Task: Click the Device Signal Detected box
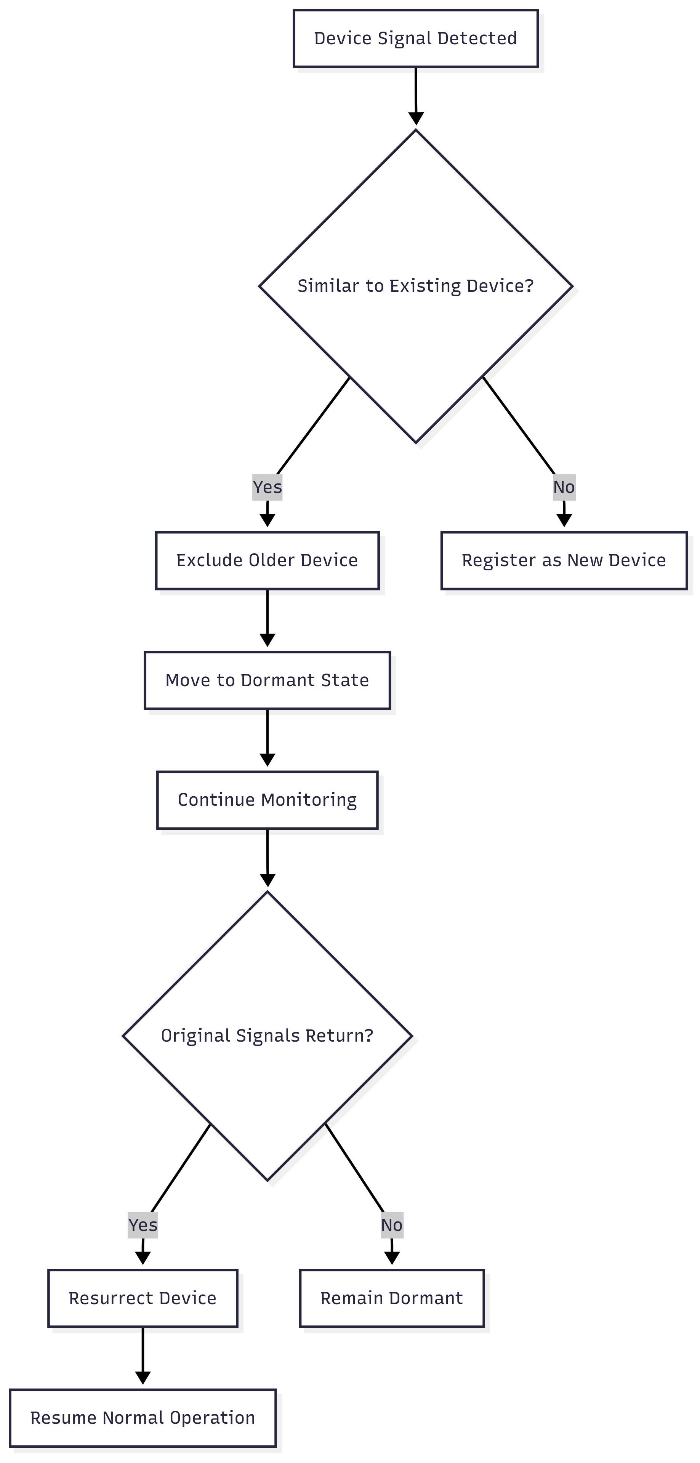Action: (415, 38)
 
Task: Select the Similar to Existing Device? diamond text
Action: (415, 286)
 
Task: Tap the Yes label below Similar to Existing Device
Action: (267, 487)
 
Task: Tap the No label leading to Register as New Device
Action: (564, 487)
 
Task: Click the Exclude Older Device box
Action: (267, 560)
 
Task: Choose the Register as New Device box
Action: (564, 560)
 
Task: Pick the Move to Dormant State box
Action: (267, 680)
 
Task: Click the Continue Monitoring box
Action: (267, 800)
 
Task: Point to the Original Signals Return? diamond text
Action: (267, 1036)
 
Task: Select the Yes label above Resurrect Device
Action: (143, 1225)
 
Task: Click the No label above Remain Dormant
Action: (391, 1225)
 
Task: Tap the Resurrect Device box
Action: (143, 1298)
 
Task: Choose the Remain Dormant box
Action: (391, 1298)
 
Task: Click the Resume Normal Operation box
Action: (143, 1418)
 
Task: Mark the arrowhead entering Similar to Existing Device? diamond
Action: (416, 118)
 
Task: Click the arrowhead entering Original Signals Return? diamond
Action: (268, 880)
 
